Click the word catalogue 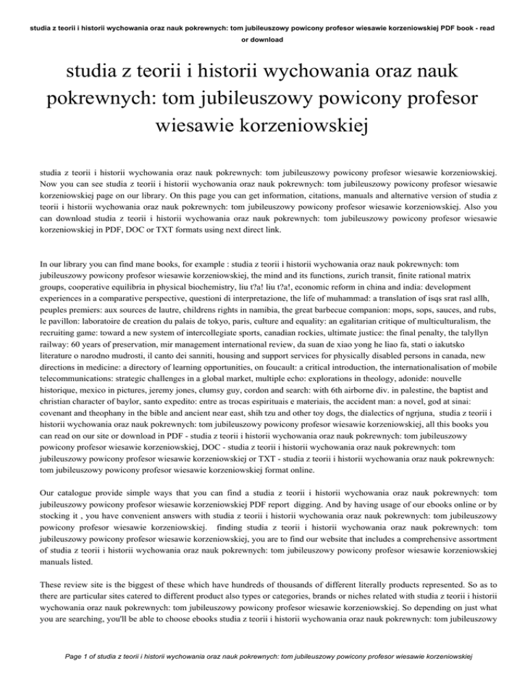pos(64,534)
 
